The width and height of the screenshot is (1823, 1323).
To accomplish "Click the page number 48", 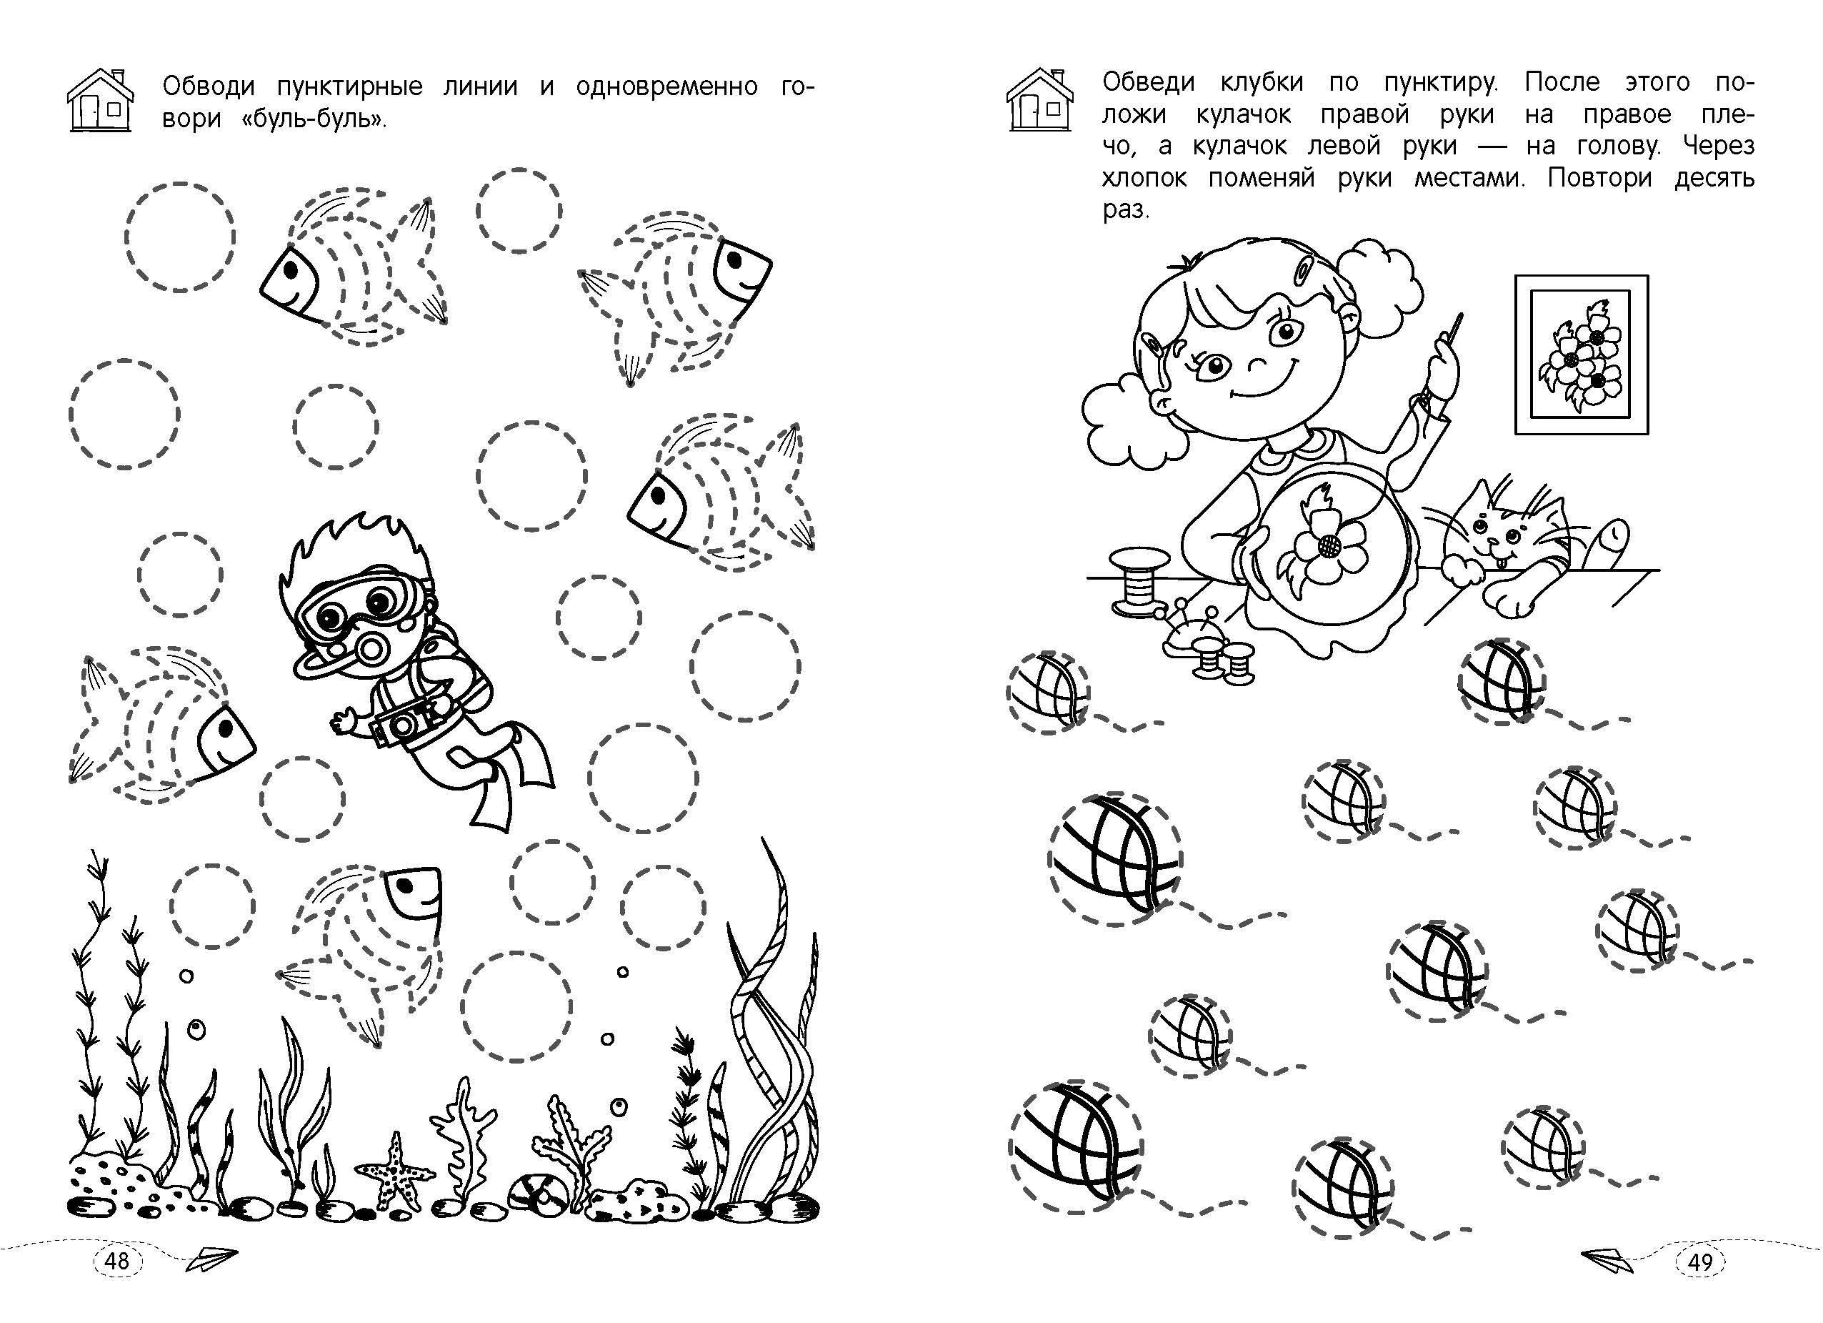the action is pyautogui.click(x=116, y=1259).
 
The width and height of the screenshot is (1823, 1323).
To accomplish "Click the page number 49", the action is pyautogui.click(x=1699, y=1261).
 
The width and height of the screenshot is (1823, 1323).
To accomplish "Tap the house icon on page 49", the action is pyautogui.click(x=1040, y=98).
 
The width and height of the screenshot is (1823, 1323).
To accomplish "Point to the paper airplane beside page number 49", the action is pyautogui.click(x=1607, y=1259).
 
